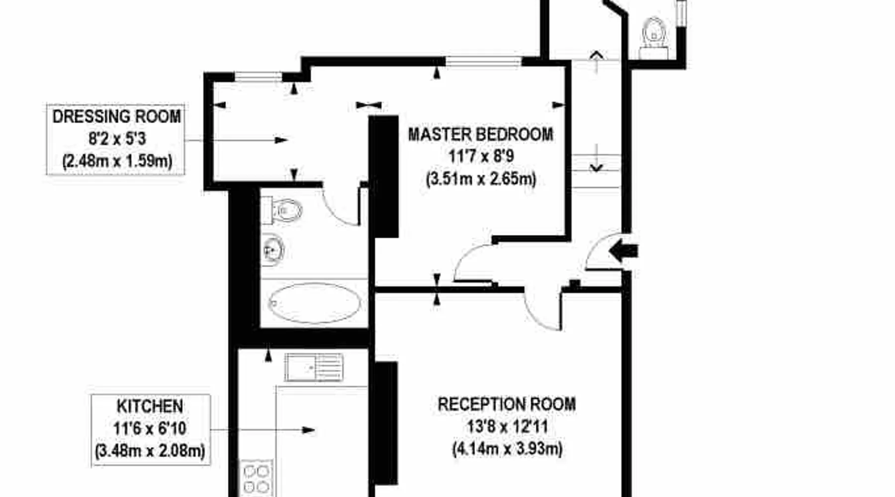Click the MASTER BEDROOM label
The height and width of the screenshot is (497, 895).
click(x=480, y=134)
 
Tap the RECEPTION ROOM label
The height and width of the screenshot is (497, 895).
click(x=507, y=404)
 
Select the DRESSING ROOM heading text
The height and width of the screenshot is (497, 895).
click(x=117, y=116)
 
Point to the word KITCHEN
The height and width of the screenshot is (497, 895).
click(x=150, y=406)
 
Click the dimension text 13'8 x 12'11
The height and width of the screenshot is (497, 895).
click(x=507, y=426)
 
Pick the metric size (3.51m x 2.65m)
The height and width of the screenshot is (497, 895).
click(x=481, y=178)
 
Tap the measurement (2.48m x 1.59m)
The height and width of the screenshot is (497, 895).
click(x=117, y=161)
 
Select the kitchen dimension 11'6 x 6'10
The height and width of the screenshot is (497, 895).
click(x=150, y=428)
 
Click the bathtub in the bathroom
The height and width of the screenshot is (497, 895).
click(x=315, y=303)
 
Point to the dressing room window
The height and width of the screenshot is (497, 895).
click(x=259, y=77)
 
